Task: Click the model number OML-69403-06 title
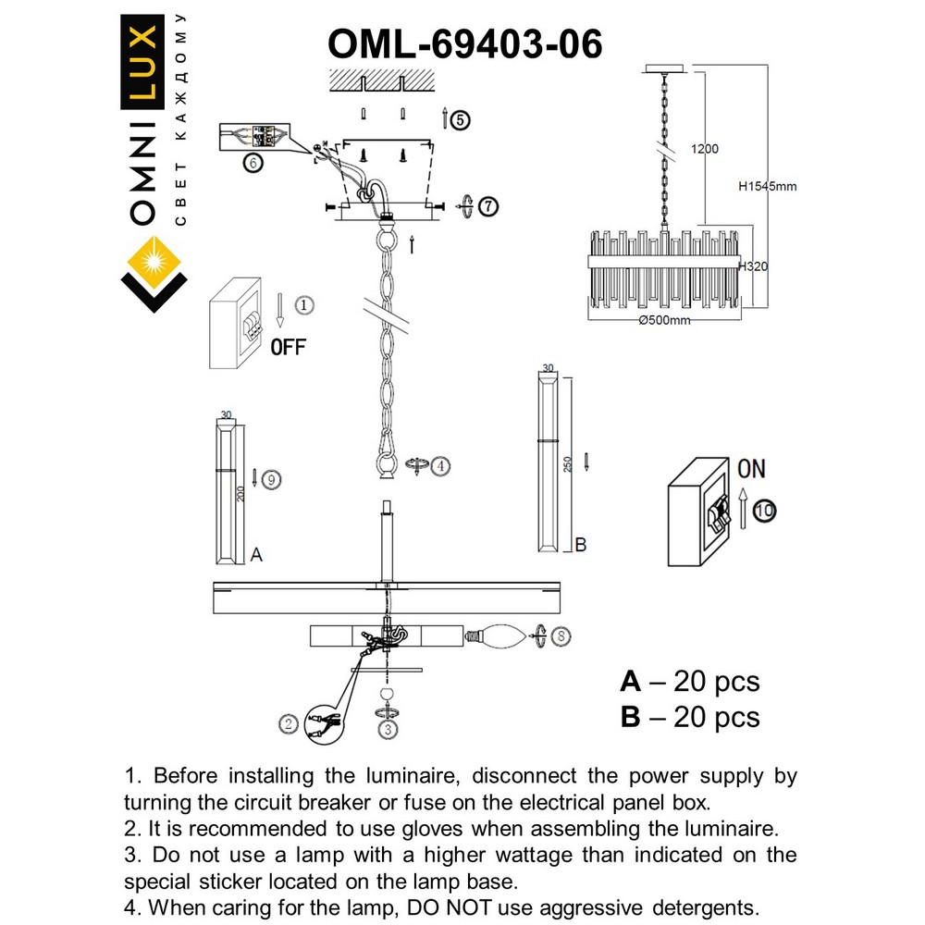pyautogui.click(x=465, y=43)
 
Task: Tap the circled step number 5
pyautogui.click(x=460, y=119)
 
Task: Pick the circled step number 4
pyautogui.click(x=440, y=466)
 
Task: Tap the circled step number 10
pyautogui.click(x=765, y=509)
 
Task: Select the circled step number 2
pyautogui.click(x=290, y=724)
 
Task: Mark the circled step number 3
pyautogui.click(x=388, y=728)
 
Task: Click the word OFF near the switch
pyautogui.click(x=288, y=348)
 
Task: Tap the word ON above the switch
pyautogui.click(x=751, y=469)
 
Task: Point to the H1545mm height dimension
pyautogui.click(x=767, y=186)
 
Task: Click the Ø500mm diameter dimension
pyautogui.click(x=664, y=321)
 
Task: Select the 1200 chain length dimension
pyautogui.click(x=704, y=149)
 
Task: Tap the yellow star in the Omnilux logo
pyautogui.click(x=154, y=260)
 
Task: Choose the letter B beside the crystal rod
pyautogui.click(x=580, y=545)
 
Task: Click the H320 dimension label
pyautogui.click(x=755, y=266)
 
